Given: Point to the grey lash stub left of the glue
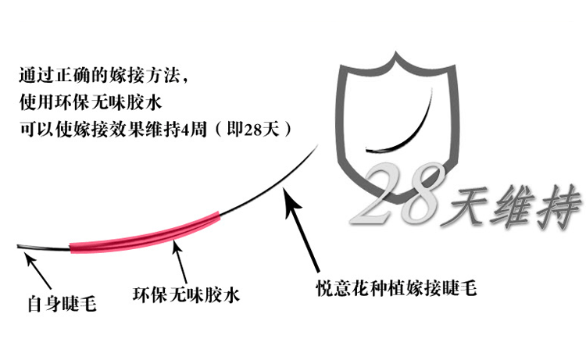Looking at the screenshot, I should [x=43, y=249].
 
